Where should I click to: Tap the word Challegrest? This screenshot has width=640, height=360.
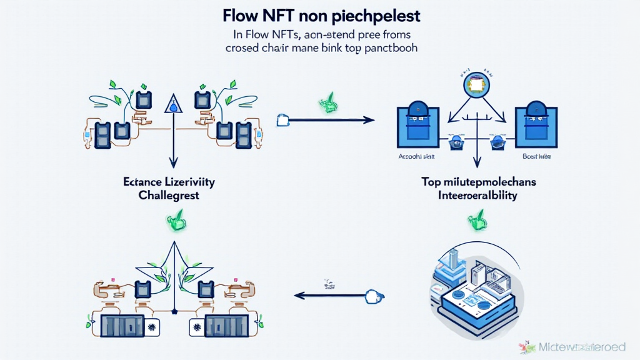tap(169, 197)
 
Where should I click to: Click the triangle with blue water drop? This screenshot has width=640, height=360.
tap(171, 104)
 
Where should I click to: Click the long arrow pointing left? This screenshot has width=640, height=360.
tap(331, 294)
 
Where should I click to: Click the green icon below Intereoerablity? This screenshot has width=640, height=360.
tap(476, 221)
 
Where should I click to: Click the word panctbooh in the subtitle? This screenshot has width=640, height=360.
tap(389, 47)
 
